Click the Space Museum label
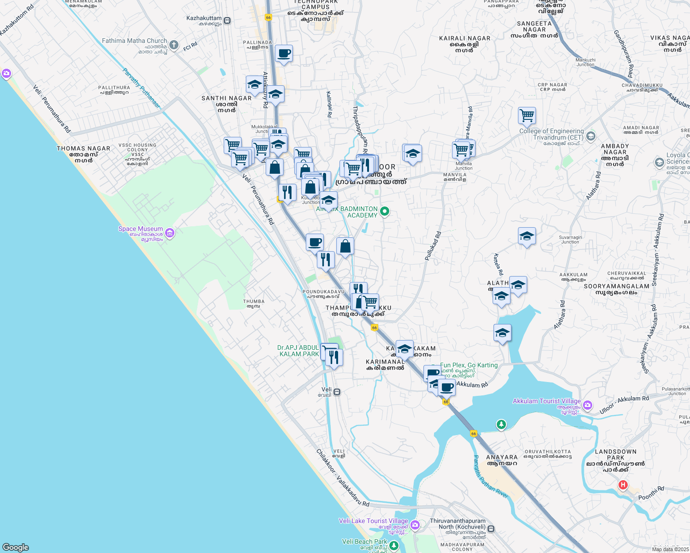coord(140,229)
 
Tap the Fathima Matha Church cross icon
coord(174,45)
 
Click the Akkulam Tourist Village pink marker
coord(588,406)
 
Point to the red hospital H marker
coord(623,485)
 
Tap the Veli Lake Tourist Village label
coord(373,521)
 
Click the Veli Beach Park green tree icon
coord(393,546)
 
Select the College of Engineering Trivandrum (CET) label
coord(552,134)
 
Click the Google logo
coord(15,547)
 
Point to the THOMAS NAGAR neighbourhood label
coord(83,149)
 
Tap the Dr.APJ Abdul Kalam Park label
coord(298,351)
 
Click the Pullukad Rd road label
coord(433,246)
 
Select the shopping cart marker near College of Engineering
coord(527,115)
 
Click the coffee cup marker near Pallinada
coord(284,53)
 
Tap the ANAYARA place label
coord(502,458)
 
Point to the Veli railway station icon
coord(337,392)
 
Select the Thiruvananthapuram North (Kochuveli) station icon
coord(491,529)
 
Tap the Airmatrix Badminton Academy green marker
coord(385,212)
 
